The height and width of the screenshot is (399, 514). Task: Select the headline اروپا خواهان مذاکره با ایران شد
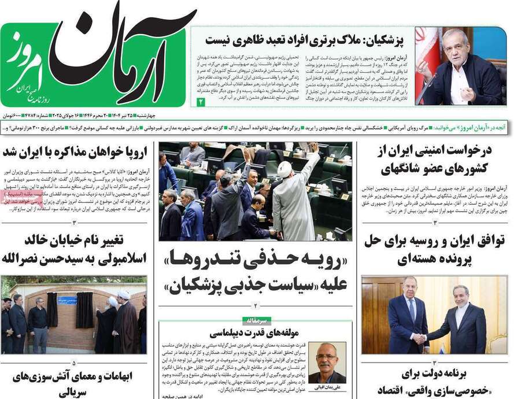[x=75, y=153]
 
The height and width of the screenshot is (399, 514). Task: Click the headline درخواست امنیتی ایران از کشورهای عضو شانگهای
[x=435, y=160]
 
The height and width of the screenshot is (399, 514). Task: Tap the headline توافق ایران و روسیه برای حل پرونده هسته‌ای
[x=435, y=250]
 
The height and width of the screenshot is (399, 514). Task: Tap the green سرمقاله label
[x=255, y=319]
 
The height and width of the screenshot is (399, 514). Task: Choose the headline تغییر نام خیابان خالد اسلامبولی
[x=75, y=249]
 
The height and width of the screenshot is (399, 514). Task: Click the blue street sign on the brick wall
[x=67, y=300]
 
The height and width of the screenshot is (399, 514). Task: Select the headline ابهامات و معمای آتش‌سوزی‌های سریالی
[x=75, y=383]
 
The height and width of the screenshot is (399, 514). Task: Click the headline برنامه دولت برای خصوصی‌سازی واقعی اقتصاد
[x=435, y=381]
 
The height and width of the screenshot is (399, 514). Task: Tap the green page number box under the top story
[x=201, y=102]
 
